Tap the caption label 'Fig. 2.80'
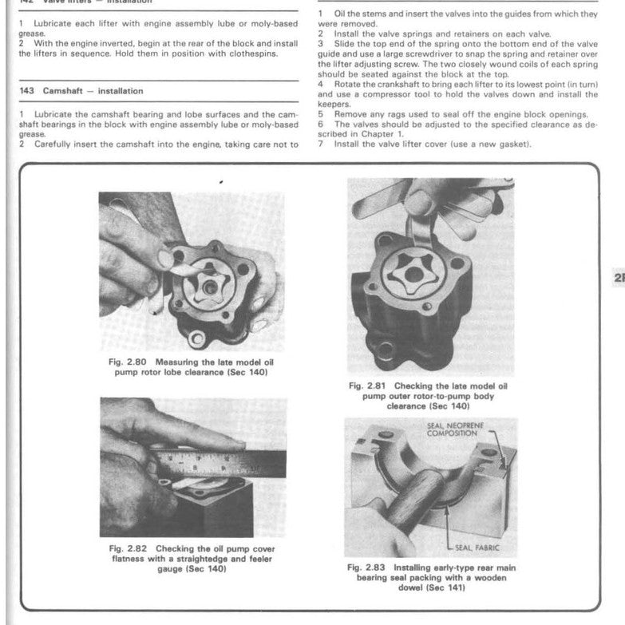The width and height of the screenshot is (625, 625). (x=126, y=362)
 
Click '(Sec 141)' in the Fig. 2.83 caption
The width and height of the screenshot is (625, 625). (x=449, y=587)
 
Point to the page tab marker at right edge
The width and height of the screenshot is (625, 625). (x=618, y=278)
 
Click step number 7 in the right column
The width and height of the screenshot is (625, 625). (x=320, y=144)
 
